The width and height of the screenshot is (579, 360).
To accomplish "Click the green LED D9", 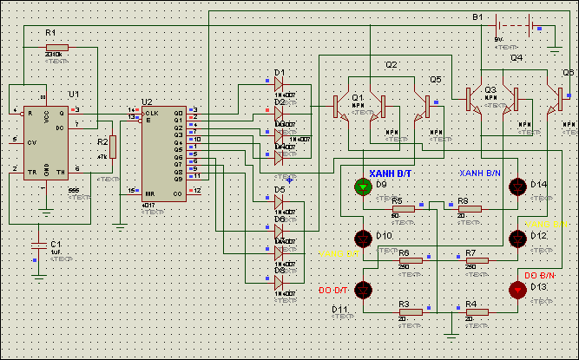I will [x=363, y=186].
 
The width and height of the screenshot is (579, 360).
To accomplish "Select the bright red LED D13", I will [x=519, y=290].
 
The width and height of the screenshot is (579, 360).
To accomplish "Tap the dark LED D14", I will [x=519, y=186].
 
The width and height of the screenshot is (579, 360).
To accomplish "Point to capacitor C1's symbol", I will [x=37, y=245].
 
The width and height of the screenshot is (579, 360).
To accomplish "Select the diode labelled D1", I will [x=279, y=83].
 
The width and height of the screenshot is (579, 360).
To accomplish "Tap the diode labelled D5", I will [x=279, y=200].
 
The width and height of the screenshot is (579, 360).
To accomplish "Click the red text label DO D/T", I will [x=332, y=289].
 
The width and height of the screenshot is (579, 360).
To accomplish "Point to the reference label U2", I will [x=147, y=101].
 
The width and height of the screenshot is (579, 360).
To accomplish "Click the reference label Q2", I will [x=391, y=65].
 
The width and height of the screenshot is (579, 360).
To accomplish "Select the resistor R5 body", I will [x=404, y=209].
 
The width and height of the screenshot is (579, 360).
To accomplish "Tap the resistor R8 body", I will [x=470, y=209].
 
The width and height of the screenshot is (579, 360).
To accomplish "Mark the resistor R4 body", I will [x=476, y=311].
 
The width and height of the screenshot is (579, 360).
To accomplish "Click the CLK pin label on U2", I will [x=151, y=113].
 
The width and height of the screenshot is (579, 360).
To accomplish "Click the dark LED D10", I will [x=363, y=237].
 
